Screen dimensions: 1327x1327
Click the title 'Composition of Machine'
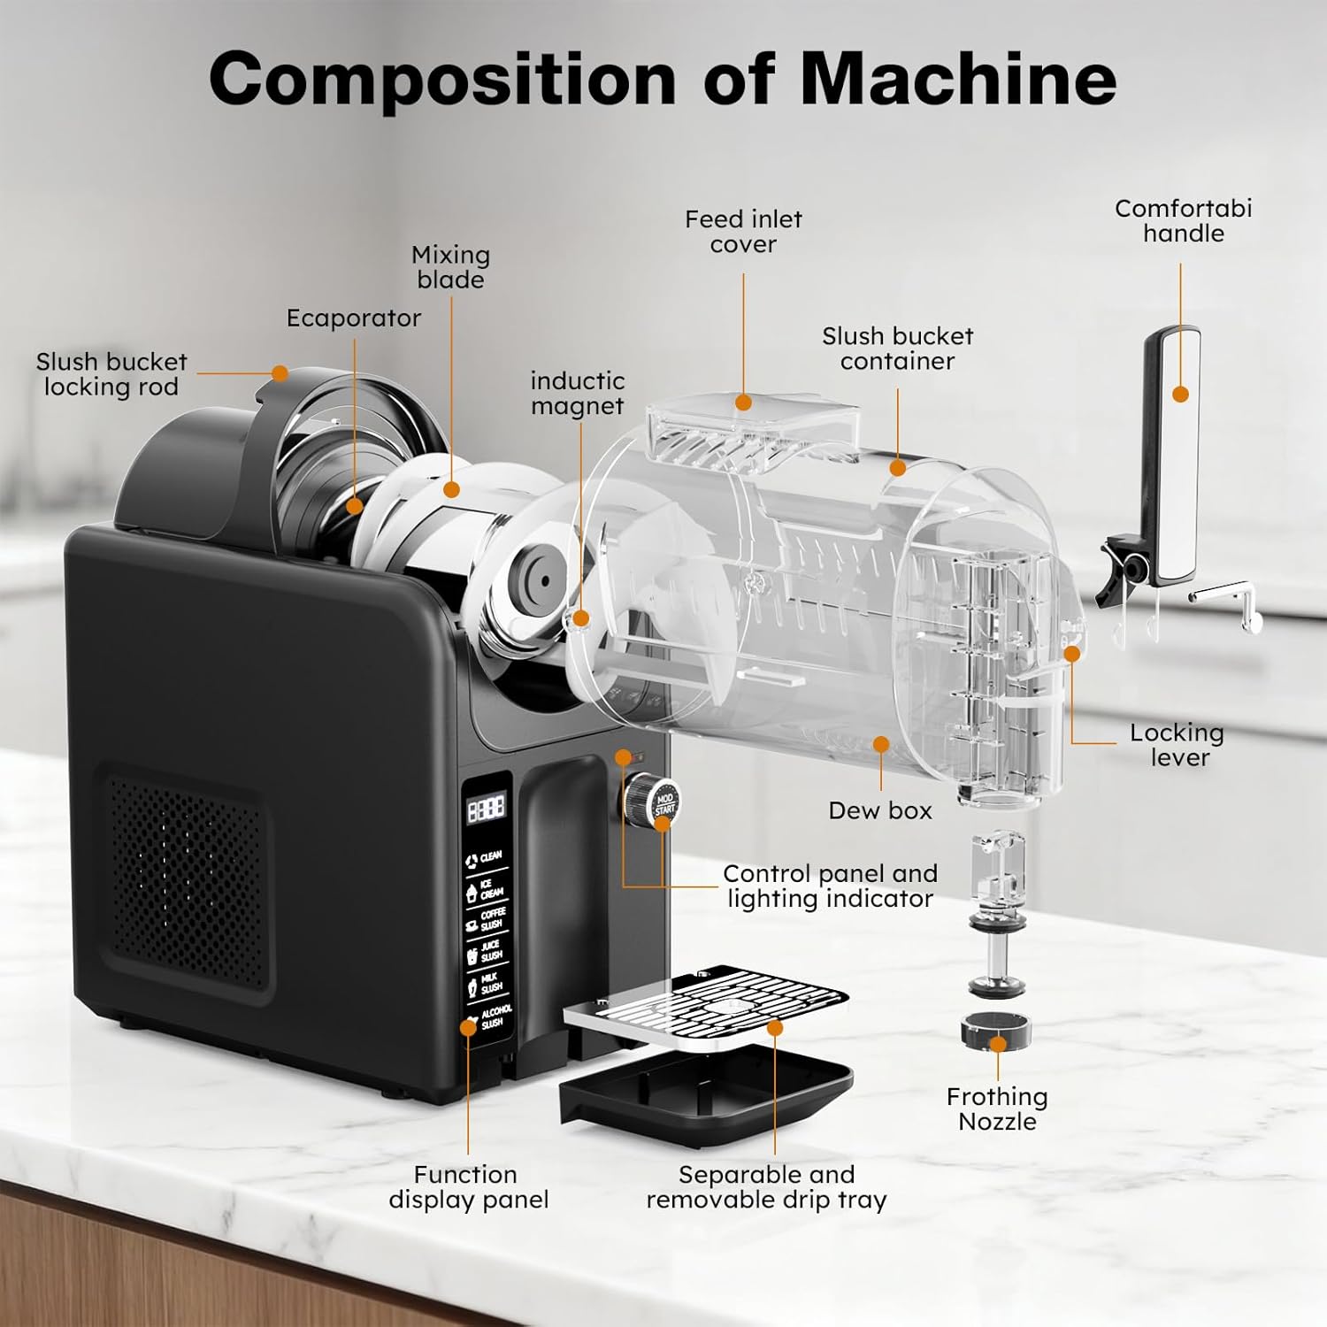(663, 80)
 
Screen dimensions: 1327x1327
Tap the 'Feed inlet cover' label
(743, 232)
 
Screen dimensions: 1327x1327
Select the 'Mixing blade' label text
(450, 267)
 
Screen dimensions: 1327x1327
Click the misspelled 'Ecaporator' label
(353, 318)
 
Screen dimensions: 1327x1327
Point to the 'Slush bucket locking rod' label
(111, 374)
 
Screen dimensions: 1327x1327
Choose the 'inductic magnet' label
(577, 394)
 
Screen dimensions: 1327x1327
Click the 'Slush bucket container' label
(897, 349)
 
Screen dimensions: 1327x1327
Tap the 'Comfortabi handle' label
(1183, 221)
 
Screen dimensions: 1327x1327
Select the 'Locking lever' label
(1177, 745)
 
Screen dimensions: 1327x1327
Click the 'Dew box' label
(880, 810)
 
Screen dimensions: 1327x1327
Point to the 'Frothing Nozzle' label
(997, 1109)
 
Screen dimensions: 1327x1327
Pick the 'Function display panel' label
(468, 1187)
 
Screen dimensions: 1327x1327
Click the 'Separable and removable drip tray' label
(766, 1187)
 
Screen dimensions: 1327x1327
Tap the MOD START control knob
(652, 799)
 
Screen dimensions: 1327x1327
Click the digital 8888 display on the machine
(486, 808)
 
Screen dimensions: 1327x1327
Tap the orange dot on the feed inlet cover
(743, 403)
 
